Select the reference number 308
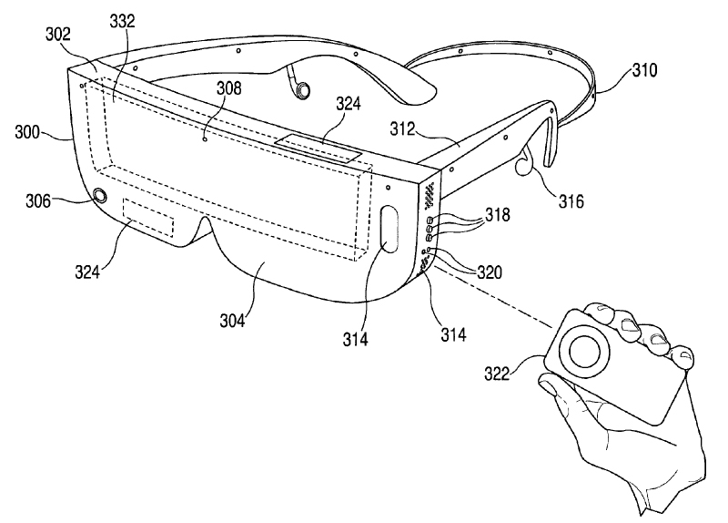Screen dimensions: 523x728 228,89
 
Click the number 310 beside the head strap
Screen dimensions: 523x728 644,68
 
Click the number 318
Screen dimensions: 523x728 497,215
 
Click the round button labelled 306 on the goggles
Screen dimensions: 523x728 98,196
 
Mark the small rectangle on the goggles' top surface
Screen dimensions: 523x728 318,146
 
